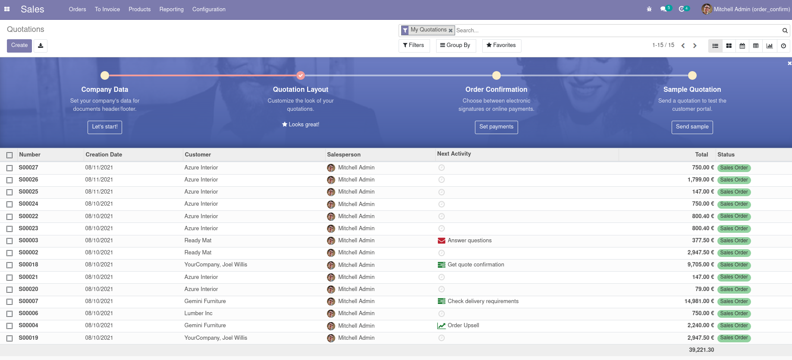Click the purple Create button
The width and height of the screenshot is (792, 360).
coord(19,46)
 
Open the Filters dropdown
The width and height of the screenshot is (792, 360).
coord(414,46)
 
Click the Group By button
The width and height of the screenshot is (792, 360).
coord(456,46)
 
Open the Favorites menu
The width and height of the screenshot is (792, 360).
coord(501,46)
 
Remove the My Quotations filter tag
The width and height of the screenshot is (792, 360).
coord(450,31)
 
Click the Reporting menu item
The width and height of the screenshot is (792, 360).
coord(171,9)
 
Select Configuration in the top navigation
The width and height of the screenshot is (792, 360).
coord(209,9)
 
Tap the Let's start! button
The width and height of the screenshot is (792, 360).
coord(105,127)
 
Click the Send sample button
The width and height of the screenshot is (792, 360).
coord(692,127)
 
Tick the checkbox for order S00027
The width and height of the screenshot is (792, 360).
coord(9,168)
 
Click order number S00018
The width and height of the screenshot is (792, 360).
coord(28,265)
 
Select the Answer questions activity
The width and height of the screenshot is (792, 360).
coord(469,241)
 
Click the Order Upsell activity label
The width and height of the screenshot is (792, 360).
coord(463,326)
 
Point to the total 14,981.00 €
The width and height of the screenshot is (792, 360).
coord(699,301)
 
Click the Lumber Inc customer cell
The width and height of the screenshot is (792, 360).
coord(198,313)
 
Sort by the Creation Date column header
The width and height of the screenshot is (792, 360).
coord(104,155)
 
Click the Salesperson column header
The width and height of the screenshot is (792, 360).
coord(344,155)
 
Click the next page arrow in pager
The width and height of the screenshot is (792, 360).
coord(695,46)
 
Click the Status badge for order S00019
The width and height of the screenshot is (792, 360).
coord(734,338)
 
